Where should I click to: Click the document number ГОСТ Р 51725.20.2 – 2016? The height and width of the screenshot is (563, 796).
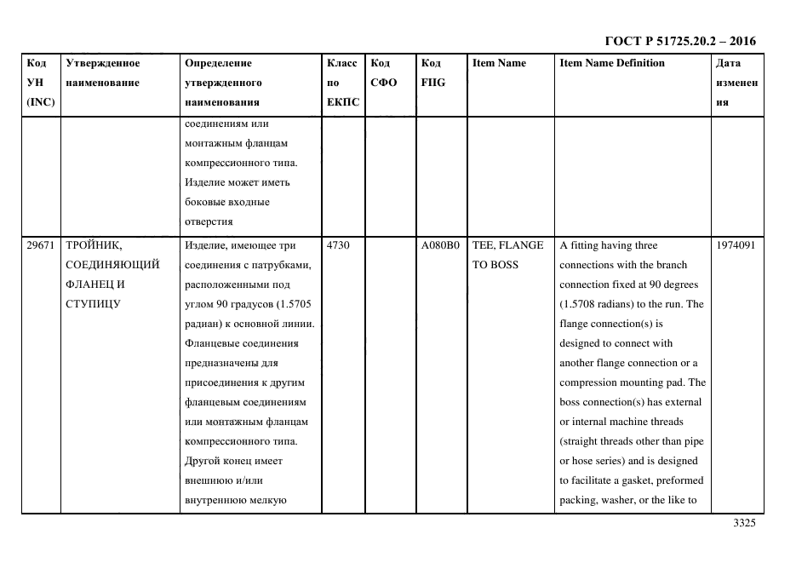click(679, 41)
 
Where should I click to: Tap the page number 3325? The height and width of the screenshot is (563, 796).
click(744, 524)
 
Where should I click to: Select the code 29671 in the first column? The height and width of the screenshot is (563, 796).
click(40, 245)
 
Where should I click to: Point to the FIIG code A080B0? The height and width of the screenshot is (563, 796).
click(440, 245)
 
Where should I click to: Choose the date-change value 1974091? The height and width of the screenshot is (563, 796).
click(736, 245)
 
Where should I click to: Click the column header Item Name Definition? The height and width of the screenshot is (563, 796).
click(612, 63)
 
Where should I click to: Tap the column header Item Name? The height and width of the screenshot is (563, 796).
click(500, 63)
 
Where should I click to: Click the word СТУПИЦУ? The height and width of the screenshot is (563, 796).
click(93, 304)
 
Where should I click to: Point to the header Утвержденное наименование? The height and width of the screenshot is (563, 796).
click(103, 72)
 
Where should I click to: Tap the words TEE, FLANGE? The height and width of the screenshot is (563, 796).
click(508, 245)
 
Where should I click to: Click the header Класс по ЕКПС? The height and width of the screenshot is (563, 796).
click(342, 83)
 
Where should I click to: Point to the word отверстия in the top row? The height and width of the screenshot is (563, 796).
click(209, 221)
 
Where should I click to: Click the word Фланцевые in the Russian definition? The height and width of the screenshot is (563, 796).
click(213, 343)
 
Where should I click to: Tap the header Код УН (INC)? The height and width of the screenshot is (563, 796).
click(40, 83)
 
